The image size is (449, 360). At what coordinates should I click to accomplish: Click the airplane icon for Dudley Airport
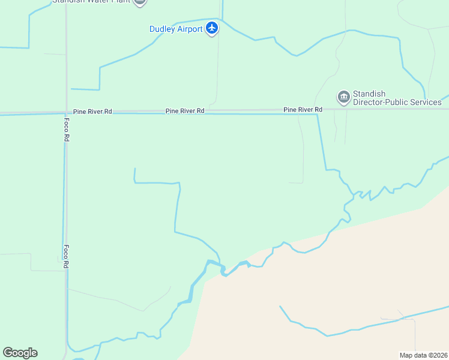pos(211,28)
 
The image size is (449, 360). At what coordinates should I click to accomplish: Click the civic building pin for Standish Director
pos(343,96)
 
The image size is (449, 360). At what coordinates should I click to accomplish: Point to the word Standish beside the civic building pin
pos(369,94)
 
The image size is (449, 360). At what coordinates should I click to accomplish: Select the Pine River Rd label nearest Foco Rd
pos(92,112)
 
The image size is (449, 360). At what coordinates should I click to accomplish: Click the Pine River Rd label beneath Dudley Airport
pos(185,111)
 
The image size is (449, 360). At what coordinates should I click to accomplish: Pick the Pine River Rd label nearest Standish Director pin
pos(303,110)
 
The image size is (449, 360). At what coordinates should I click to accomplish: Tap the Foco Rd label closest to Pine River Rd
pos(67,129)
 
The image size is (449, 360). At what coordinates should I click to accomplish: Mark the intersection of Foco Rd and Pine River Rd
pos(66,112)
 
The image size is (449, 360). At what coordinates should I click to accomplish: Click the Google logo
pos(20,353)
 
